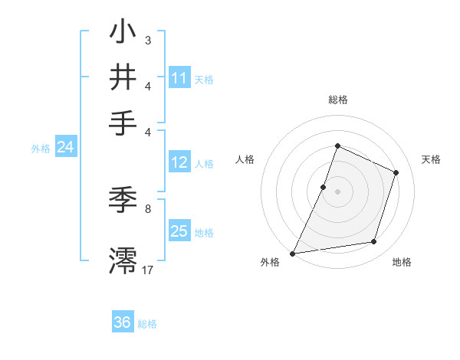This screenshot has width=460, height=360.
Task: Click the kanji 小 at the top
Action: coord(123,34)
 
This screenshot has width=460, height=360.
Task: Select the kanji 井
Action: coord(123,78)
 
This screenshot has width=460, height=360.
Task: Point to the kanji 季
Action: coord(123,200)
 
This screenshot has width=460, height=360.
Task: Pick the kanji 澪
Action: coord(123,259)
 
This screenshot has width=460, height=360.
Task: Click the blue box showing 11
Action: coord(179,78)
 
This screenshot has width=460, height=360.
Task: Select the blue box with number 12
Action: coord(179,162)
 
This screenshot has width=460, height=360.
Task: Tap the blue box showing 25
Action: coord(179,231)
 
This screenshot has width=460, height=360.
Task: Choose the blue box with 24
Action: coord(65,148)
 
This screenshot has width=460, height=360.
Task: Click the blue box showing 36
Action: coord(123,322)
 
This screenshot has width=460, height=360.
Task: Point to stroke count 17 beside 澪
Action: coord(148,270)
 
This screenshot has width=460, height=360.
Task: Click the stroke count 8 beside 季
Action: coord(148,208)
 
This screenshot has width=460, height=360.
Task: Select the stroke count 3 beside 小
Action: coord(148,40)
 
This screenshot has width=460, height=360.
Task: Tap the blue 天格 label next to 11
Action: coord(204,79)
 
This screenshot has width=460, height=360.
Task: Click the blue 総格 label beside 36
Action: coord(147,324)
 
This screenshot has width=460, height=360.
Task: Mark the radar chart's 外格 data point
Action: coord(293,253)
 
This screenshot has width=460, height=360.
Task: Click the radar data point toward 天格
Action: coord(396,172)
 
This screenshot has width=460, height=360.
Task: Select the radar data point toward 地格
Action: coord(374,242)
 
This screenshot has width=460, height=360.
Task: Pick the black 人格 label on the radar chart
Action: coord(245,159)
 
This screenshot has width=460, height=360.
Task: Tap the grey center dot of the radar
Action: coord(337,191)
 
